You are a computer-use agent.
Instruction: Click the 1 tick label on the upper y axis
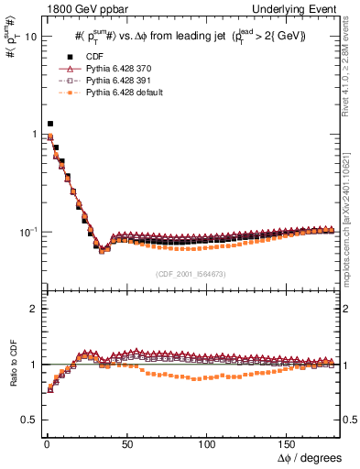(32, 135)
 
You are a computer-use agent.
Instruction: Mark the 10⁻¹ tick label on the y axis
(27, 232)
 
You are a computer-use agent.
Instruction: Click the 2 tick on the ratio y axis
(32, 309)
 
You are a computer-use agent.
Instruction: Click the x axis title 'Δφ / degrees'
(310, 455)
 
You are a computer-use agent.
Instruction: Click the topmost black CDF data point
(50, 123)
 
